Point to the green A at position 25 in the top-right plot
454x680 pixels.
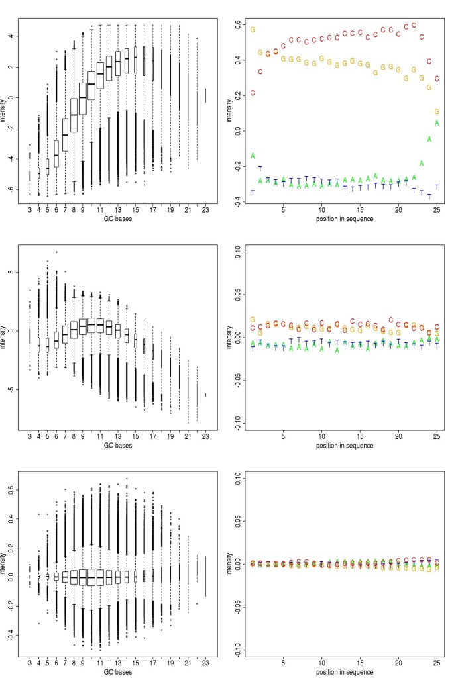[x=437, y=123]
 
